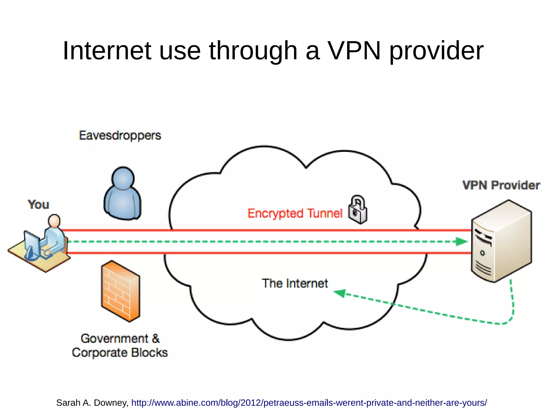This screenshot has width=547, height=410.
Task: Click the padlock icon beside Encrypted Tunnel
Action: coord(358,210)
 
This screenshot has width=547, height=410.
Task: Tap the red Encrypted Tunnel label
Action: coord(295,213)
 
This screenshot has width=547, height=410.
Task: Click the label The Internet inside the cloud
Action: coord(295,283)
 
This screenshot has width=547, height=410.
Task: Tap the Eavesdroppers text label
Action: coord(120,136)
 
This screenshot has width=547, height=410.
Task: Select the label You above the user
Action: coord(38,205)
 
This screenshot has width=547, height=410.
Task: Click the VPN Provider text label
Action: coord(501,185)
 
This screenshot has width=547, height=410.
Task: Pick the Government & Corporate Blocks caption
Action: coord(120,346)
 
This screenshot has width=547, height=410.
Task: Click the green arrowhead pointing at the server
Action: coord(461,242)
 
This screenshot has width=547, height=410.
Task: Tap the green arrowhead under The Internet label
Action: coord(340,293)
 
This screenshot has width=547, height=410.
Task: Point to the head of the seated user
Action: coord(54,220)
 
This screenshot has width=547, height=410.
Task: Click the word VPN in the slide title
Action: coord(354,50)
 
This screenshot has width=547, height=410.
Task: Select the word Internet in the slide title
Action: coord(107,50)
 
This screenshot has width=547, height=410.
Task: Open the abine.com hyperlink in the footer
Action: coord(309,403)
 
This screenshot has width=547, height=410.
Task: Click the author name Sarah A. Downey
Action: coord(92,403)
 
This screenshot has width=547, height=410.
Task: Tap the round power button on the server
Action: coord(482,253)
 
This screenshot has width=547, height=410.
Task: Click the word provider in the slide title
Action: coord(436,50)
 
